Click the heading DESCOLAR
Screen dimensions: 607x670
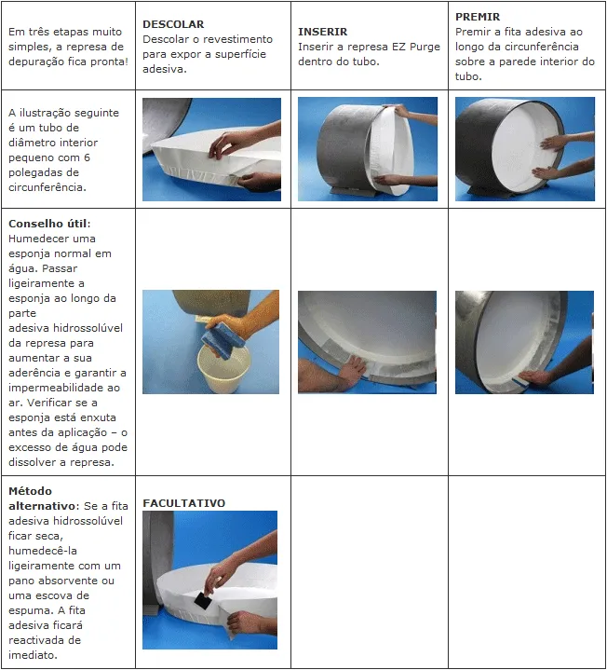tap(173, 24)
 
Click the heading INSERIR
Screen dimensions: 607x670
tap(323, 32)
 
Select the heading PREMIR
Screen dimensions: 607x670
tap(478, 17)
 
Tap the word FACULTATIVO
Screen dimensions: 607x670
tap(184, 503)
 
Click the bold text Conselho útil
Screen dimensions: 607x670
tap(48, 224)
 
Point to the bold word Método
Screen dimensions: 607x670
tap(30, 491)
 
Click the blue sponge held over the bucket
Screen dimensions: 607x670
tap(223, 341)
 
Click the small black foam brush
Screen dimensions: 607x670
tap(203, 601)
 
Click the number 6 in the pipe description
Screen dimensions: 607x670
tap(88, 157)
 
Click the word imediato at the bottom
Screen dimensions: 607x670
tap(32, 655)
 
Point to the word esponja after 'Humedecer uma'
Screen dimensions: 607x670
tap(28, 253)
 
